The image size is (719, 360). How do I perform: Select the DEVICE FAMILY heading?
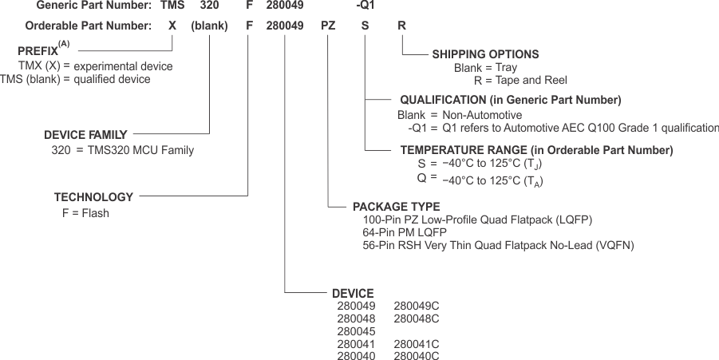tap(85, 135)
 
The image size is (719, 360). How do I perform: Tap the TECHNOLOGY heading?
tap(93, 197)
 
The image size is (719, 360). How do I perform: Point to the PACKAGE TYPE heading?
tap(396, 206)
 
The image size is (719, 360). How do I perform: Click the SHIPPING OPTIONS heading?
tap(485, 54)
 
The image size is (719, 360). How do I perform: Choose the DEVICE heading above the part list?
tap(352, 293)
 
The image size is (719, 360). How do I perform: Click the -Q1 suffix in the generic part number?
tap(364, 6)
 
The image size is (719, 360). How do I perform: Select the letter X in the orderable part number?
tap(172, 26)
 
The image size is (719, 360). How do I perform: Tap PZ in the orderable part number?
tap(328, 26)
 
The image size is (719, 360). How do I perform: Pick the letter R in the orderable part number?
tap(401, 26)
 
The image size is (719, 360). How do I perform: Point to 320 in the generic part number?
tap(209, 6)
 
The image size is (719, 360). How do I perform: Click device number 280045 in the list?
tap(356, 331)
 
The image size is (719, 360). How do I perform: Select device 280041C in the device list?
tap(417, 344)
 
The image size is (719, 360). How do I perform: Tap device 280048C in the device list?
tap(417, 318)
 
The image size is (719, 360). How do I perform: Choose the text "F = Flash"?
tap(85, 213)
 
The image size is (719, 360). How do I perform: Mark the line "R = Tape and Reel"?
tap(520, 80)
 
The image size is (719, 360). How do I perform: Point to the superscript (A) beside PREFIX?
tap(64, 44)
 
